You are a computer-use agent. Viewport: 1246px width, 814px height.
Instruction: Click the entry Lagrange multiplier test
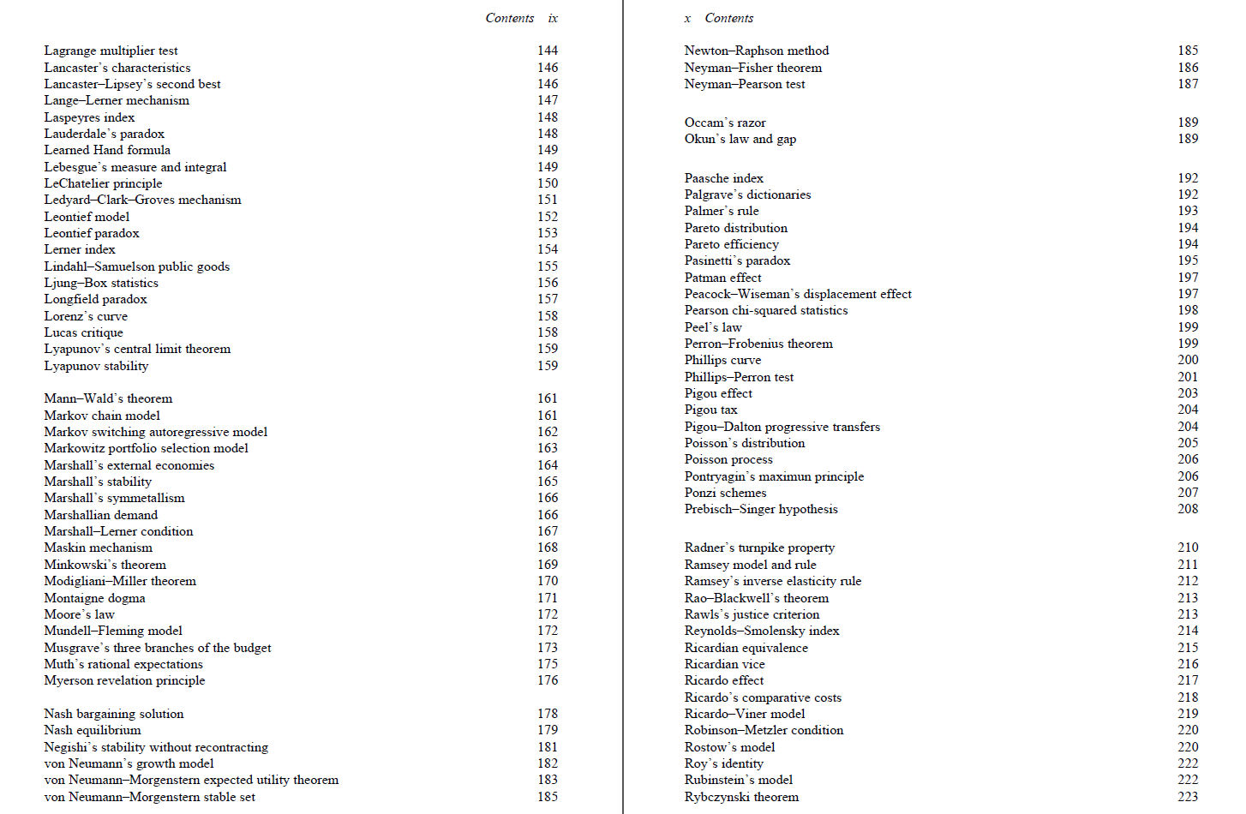[111, 51]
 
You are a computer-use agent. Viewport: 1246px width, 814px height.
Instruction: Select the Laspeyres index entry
[89, 117]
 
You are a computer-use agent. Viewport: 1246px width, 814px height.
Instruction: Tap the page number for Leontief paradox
[548, 233]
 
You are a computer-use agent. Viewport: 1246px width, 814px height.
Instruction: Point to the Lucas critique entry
[83, 332]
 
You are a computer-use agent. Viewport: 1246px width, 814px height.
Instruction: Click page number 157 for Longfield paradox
[548, 299]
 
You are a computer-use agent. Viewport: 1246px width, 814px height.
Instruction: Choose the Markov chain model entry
[102, 416]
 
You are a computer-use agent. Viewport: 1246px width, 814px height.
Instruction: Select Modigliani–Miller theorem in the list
[120, 581]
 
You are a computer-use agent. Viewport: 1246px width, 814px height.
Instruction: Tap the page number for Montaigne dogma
[548, 598]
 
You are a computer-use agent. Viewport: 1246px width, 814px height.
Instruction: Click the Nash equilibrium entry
[93, 730]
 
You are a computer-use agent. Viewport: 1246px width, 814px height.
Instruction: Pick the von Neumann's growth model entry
[129, 763]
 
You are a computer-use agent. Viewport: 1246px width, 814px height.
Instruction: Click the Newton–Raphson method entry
[756, 51]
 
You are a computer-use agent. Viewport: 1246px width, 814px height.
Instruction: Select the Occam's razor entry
[725, 123]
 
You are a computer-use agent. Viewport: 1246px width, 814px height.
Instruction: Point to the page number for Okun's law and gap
[1188, 139]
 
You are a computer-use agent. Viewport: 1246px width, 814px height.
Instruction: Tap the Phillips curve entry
[722, 360]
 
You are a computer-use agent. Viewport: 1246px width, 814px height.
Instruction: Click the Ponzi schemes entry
[725, 493]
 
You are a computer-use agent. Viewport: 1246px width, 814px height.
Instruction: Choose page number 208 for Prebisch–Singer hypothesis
[1188, 509]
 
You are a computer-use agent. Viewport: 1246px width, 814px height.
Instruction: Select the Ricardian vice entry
[724, 664]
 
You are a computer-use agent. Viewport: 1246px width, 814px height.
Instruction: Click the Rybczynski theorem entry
[741, 797]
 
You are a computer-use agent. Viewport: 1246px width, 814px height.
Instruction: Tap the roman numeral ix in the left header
[553, 18]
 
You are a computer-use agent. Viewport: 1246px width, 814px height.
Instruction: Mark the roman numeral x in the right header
[687, 18]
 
